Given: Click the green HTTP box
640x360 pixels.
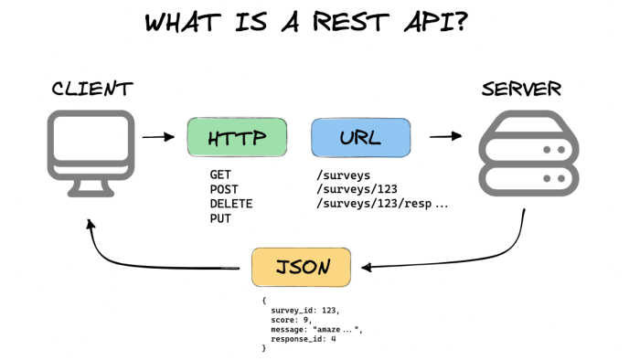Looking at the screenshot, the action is [x=237, y=137].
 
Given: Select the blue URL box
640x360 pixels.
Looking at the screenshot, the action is [x=361, y=138].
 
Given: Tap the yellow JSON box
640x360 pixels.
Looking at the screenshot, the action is [x=301, y=267].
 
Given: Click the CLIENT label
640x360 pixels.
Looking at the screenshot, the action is [x=92, y=89].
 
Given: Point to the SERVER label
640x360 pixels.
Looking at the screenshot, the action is [x=522, y=89].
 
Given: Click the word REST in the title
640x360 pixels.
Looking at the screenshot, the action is [x=350, y=22].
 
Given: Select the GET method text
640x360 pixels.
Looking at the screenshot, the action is [x=220, y=175].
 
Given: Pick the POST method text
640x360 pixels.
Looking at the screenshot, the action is [x=224, y=189].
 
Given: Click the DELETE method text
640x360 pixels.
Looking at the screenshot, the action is [x=231, y=204].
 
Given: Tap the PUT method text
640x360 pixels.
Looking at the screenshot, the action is [x=220, y=218].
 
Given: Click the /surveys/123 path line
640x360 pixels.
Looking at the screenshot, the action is [x=357, y=189].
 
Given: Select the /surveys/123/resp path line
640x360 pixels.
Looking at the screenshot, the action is [x=382, y=203].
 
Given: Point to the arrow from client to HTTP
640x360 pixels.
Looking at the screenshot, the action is [x=158, y=137].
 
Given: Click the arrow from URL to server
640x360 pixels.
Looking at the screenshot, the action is [x=446, y=136].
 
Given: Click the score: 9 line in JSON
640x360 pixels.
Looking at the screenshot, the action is [x=291, y=320].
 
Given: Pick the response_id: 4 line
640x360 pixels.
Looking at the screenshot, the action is [x=304, y=339].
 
